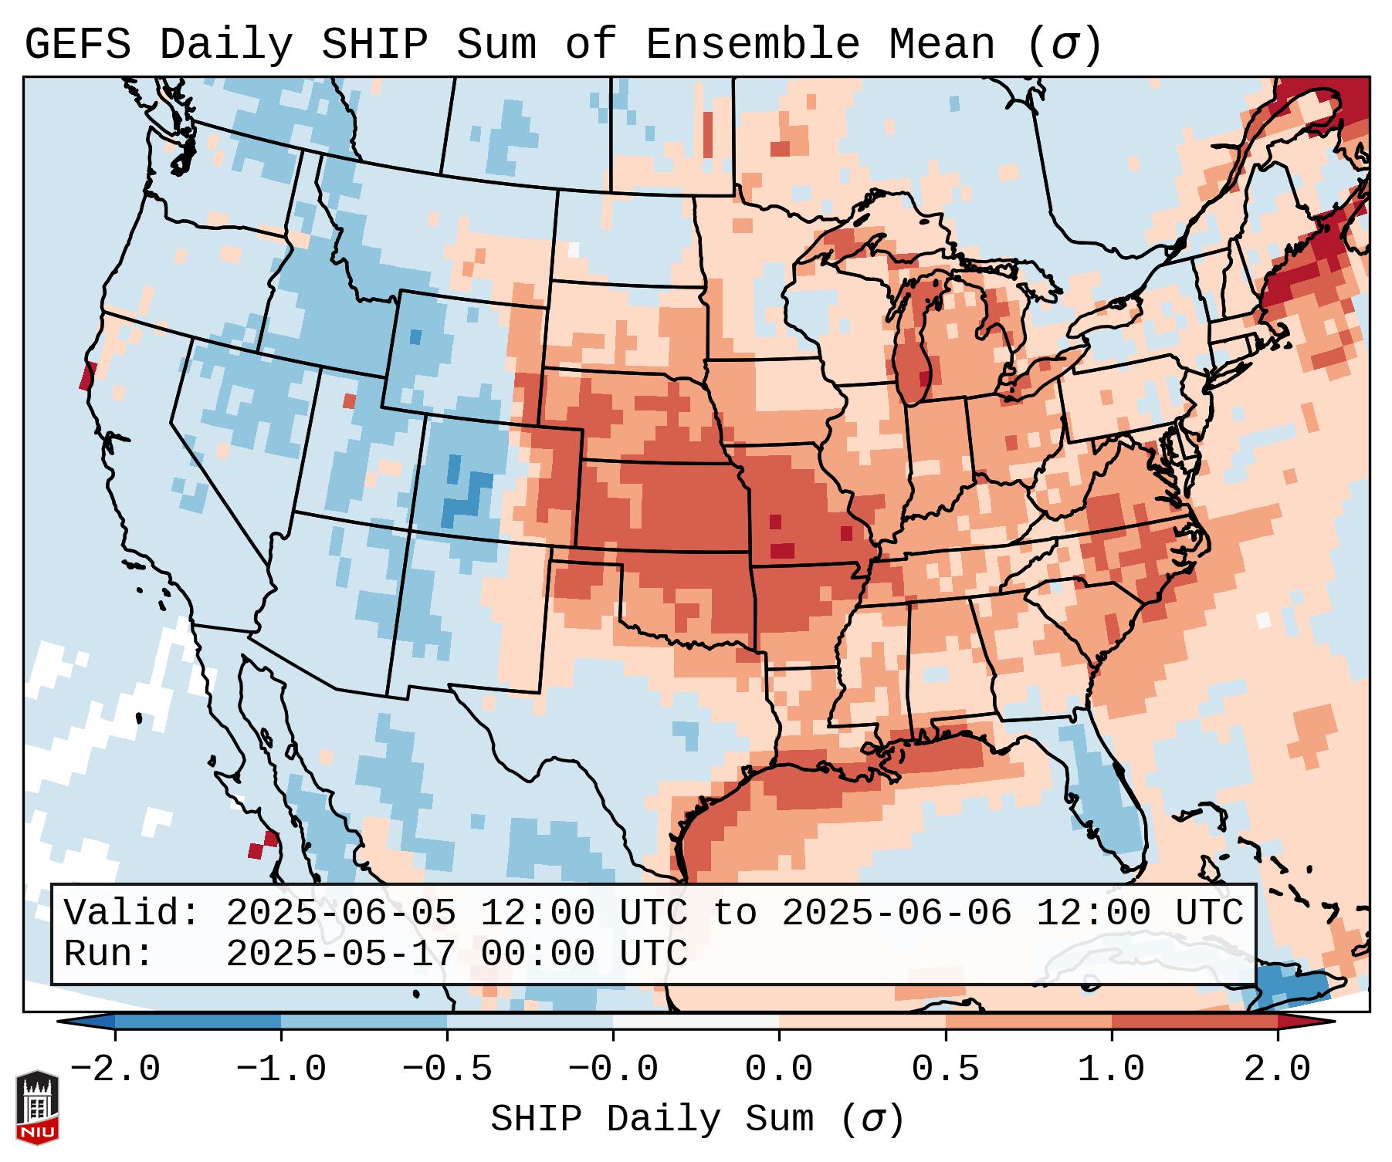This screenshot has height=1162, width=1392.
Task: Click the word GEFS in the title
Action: (x=77, y=45)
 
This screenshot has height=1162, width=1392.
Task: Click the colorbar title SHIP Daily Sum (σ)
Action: (x=696, y=1120)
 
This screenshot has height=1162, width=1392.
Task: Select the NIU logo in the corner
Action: (x=37, y=1106)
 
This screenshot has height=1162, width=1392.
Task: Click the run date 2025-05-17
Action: (x=340, y=954)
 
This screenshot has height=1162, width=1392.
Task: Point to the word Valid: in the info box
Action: (x=131, y=914)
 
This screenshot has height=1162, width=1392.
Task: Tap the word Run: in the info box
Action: (x=108, y=954)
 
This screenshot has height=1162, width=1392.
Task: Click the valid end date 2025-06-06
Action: (x=896, y=914)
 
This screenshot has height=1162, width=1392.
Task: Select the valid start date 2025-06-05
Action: (x=340, y=914)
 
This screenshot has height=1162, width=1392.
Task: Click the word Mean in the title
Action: (x=942, y=45)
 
